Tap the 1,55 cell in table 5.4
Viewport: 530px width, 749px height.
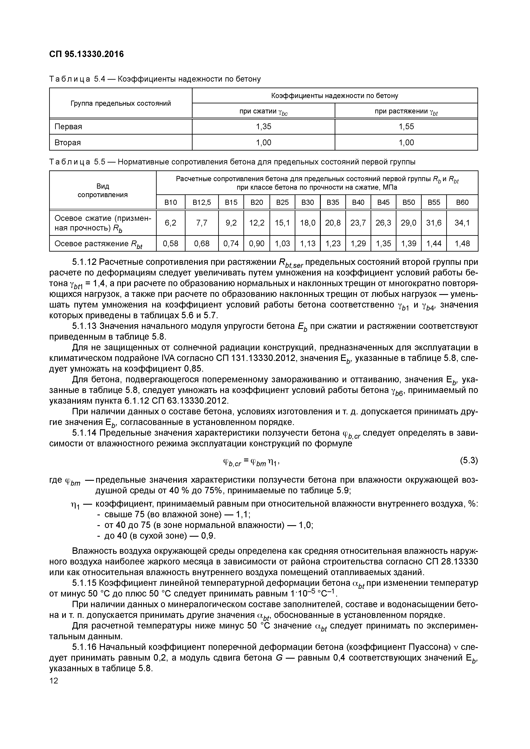coord(406,127)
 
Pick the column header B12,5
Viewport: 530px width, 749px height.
coord(202,202)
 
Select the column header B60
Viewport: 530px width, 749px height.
coord(462,202)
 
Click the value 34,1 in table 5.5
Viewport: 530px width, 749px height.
coord(462,223)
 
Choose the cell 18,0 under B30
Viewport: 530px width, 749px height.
coord(308,223)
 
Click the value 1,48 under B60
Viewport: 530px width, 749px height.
coord(462,243)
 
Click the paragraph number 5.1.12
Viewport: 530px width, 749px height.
coord(84,262)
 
